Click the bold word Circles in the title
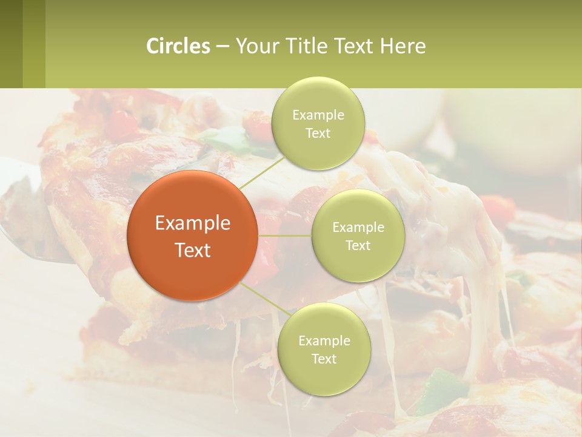pyautogui.click(x=178, y=46)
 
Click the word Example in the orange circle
pyautogui.click(x=193, y=223)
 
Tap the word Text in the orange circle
pyautogui.click(x=193, y=250)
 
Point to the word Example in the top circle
pyautogui.click(x=318, y=115)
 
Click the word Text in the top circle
pyautogui.click(x=318, y=134)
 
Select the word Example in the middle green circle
pyautogui.click(x=358, y=228)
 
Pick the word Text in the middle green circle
pyautogui.click(x=358, y=246)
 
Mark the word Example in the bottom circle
pyautogui.click(x=324, y=341)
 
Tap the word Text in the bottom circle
pyautogui.click(x=324, y=359)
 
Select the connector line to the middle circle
pyautogui.click(x=285, y=235)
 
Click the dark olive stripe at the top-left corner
pyautogui.click(x=11, y=44)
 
